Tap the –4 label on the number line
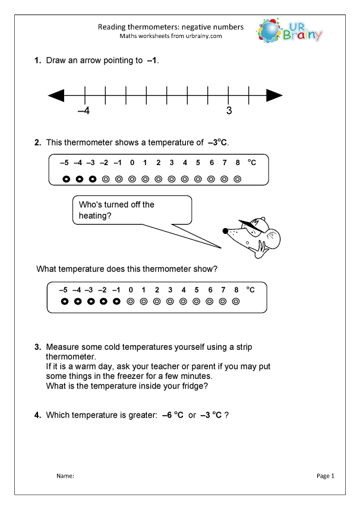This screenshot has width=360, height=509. pos(83,111)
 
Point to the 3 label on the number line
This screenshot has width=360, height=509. pos(229,111)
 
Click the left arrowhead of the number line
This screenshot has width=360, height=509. pos(56,95)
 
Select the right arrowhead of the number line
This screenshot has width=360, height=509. pos(274,95)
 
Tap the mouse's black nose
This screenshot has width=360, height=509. pos(225,230)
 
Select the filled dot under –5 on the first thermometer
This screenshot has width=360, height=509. pos(65,178)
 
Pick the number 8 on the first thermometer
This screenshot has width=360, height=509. pos(238,163)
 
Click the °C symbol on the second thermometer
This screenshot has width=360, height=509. pos(251,290)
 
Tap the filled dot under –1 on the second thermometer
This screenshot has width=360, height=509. pos(117,302)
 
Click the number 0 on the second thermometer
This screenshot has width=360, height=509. pos(130,290)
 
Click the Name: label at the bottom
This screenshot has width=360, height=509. pos(65,476)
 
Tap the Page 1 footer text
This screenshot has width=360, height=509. pos(326,476)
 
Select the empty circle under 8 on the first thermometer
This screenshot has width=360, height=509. pos(238,178)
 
